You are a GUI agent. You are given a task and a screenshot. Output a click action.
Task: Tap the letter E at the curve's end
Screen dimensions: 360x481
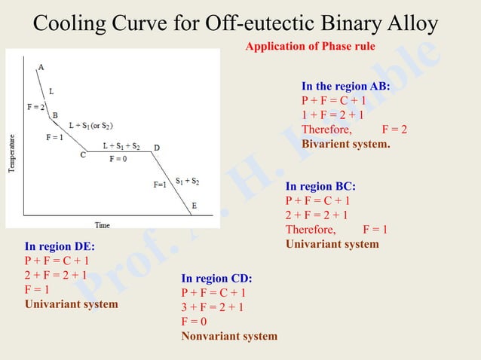coord(195,205)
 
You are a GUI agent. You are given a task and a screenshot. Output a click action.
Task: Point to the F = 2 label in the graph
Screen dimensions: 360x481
coord(35,106)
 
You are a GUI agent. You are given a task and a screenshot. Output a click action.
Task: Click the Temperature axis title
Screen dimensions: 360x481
coord(12,155)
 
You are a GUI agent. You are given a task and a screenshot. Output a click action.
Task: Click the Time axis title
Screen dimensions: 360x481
coord(102,224)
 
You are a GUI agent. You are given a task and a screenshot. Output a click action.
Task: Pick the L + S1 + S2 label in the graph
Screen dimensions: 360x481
coord(121,146)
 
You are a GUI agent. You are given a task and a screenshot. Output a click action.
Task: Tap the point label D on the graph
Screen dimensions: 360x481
coord(157,147)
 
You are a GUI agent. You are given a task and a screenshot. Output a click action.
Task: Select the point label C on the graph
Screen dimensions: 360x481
coord(83,155)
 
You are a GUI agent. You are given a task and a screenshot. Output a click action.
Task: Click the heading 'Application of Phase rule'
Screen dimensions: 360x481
coord(310,47)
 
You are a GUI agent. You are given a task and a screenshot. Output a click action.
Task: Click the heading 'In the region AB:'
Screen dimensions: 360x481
coord(346,87)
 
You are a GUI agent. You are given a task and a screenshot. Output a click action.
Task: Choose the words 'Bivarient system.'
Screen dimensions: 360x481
coord(346,144)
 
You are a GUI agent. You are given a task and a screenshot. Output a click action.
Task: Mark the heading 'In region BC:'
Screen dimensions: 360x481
coord(320,186)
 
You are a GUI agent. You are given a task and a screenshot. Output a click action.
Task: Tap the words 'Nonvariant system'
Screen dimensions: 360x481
coord(229,336)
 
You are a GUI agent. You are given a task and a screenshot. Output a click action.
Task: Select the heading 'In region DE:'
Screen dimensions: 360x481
coord(60,246)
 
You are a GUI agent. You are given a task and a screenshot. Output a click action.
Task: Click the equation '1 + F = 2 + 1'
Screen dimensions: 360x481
coord(332,115)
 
